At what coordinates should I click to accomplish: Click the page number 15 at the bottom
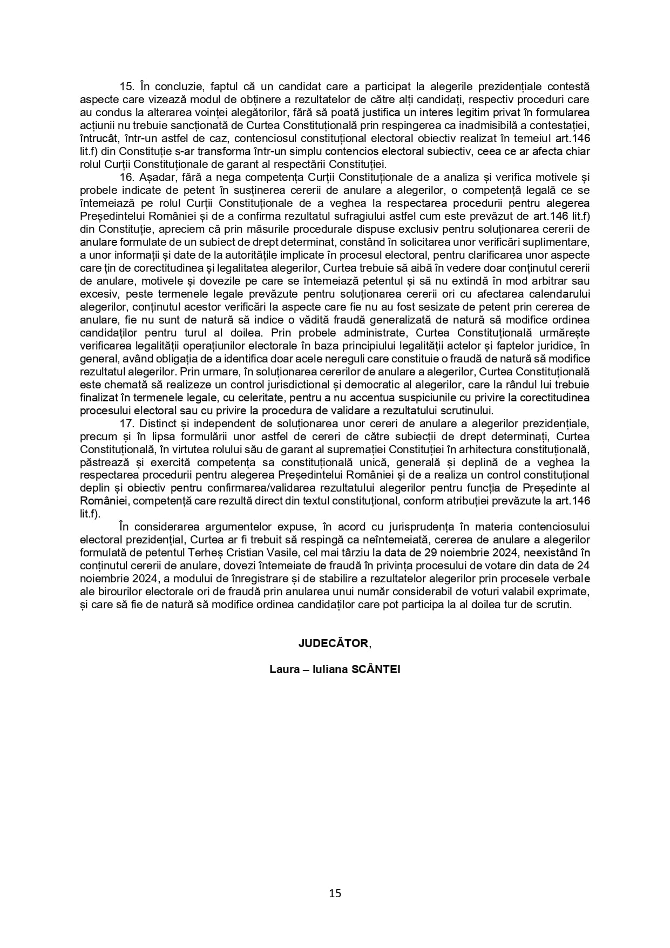[x=335, y=893]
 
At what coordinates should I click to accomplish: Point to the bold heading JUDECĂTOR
[x=334, y=643]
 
